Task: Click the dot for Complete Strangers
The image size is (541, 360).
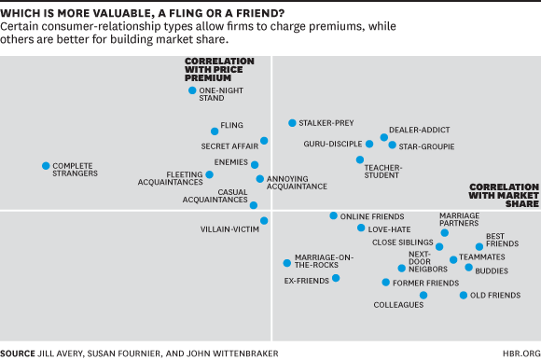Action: [x=46, y=166]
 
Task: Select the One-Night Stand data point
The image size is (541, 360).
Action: [x=192, y=90]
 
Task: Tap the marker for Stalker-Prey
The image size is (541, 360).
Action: [x=292, y=123]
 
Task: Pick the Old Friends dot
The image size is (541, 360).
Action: [x=464, y=296]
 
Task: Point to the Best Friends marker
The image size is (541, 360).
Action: [x=479, y=247]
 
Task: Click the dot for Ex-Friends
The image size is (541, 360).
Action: [x=336, y=278]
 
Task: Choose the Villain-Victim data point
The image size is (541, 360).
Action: [x=264, y=221]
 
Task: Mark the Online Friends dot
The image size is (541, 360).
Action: [x=333, y=215]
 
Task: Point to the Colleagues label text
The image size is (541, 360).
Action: [x=398, y=305]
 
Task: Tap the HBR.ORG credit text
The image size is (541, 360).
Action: [x=520, y=353]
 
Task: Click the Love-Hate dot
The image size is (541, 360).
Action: [x=361, y=228]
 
